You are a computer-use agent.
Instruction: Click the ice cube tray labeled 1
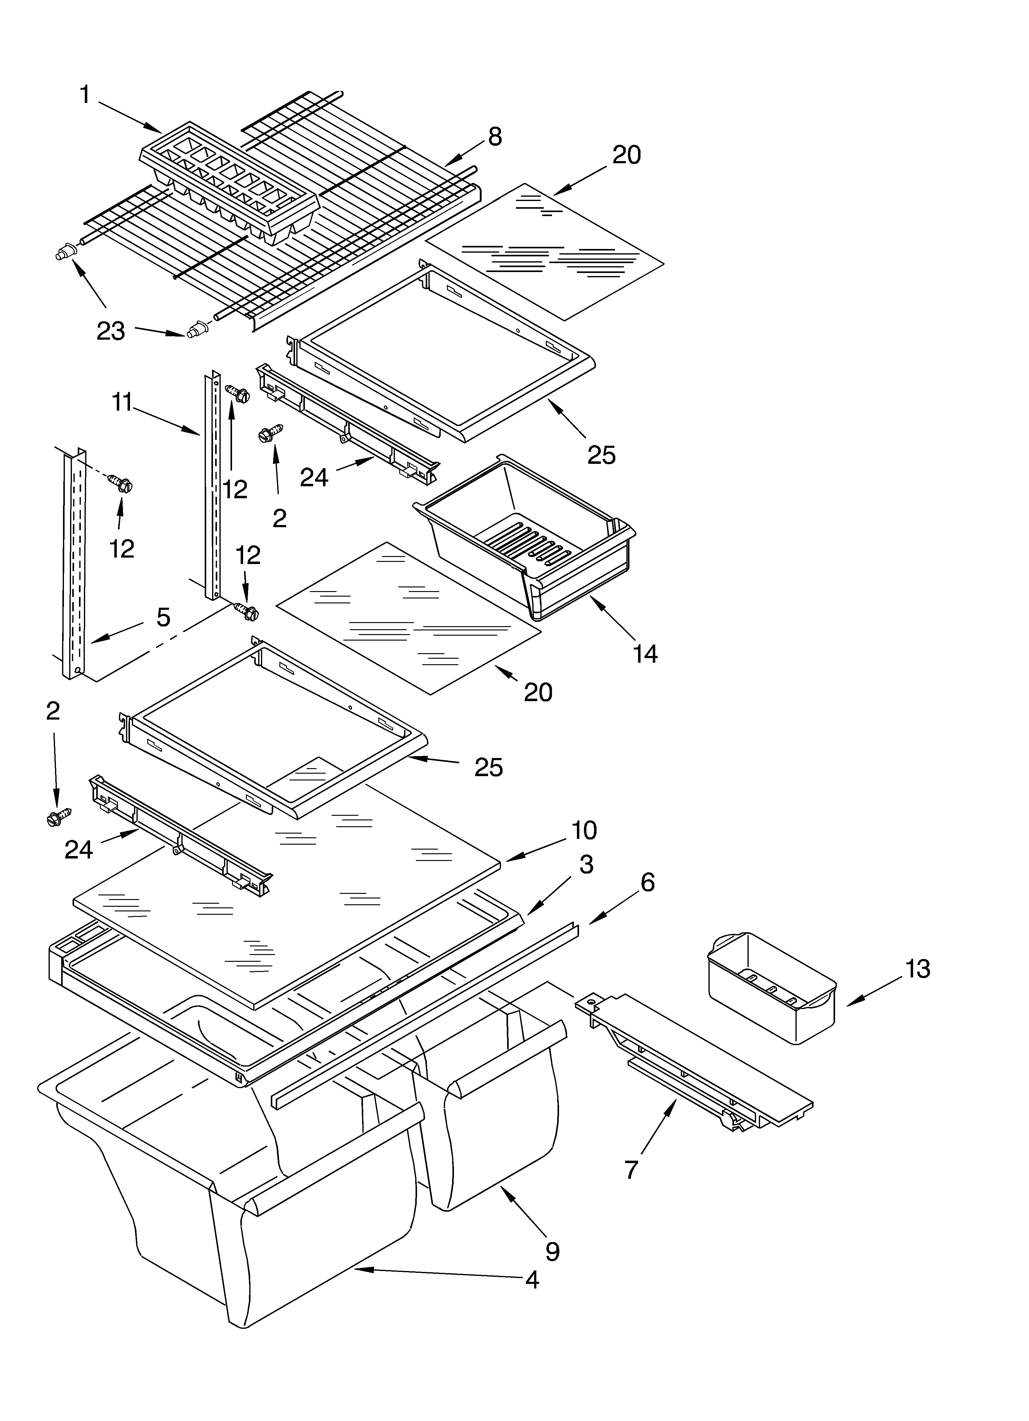229,182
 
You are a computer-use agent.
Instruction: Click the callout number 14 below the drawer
645,653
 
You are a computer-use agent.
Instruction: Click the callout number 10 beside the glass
583,830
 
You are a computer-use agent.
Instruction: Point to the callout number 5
163,617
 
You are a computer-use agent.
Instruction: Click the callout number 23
110,331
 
